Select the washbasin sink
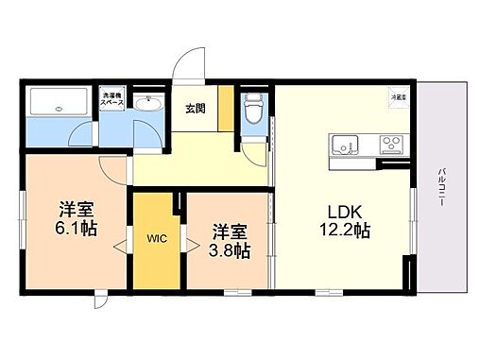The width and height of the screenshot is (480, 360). coord(147,103)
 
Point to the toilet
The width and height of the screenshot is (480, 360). coord(251,112)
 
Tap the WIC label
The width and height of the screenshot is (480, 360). coord(155,239)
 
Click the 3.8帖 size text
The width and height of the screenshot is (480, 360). coord(230,250)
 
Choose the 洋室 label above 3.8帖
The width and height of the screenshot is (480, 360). coord(230,230)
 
